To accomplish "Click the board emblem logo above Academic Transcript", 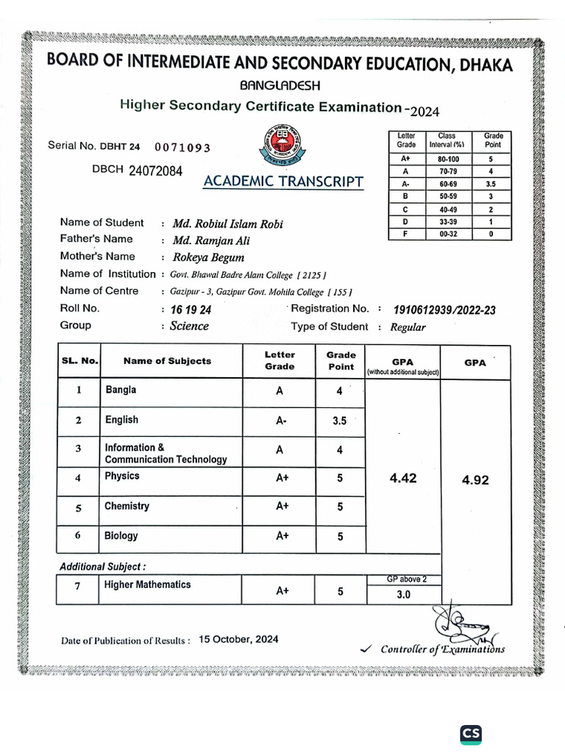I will [274, 146].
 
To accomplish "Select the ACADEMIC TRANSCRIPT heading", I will [283, 182].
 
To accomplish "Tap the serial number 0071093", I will [182, 148].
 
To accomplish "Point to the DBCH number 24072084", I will [155, 171].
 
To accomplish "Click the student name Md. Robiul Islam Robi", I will [227, 224].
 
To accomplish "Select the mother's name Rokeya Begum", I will [208, 257].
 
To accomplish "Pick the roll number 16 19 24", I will [190, 310].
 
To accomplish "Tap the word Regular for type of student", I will [408, 327].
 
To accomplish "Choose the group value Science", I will [190, 326].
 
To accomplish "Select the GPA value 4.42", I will [402, 478].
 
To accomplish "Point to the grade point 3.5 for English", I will [339, 421].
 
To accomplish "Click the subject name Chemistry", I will [127, 507].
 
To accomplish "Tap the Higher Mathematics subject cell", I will [147, 585].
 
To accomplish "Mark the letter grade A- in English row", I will [281, 421].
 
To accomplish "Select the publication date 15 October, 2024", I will [238, 639].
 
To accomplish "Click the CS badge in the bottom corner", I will [471, 733].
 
